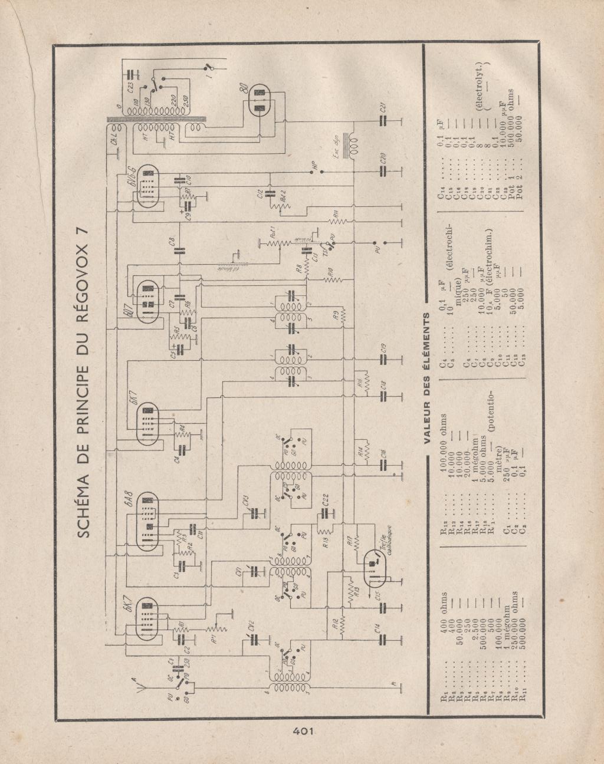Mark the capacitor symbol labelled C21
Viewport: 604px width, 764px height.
(384, 121)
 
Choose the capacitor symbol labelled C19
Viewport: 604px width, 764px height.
(384, 357)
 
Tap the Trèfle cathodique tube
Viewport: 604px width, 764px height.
(372, 566)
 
